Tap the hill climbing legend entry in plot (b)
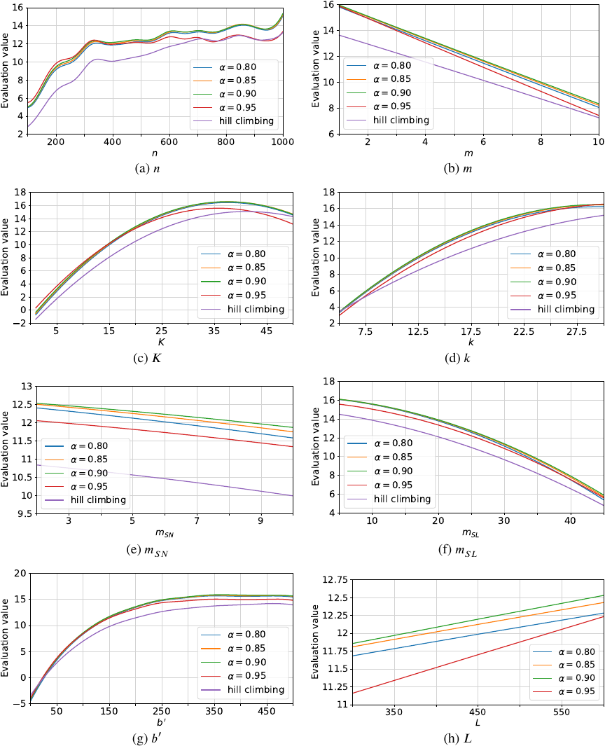point(391,120)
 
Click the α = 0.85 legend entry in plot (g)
point(246,648)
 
